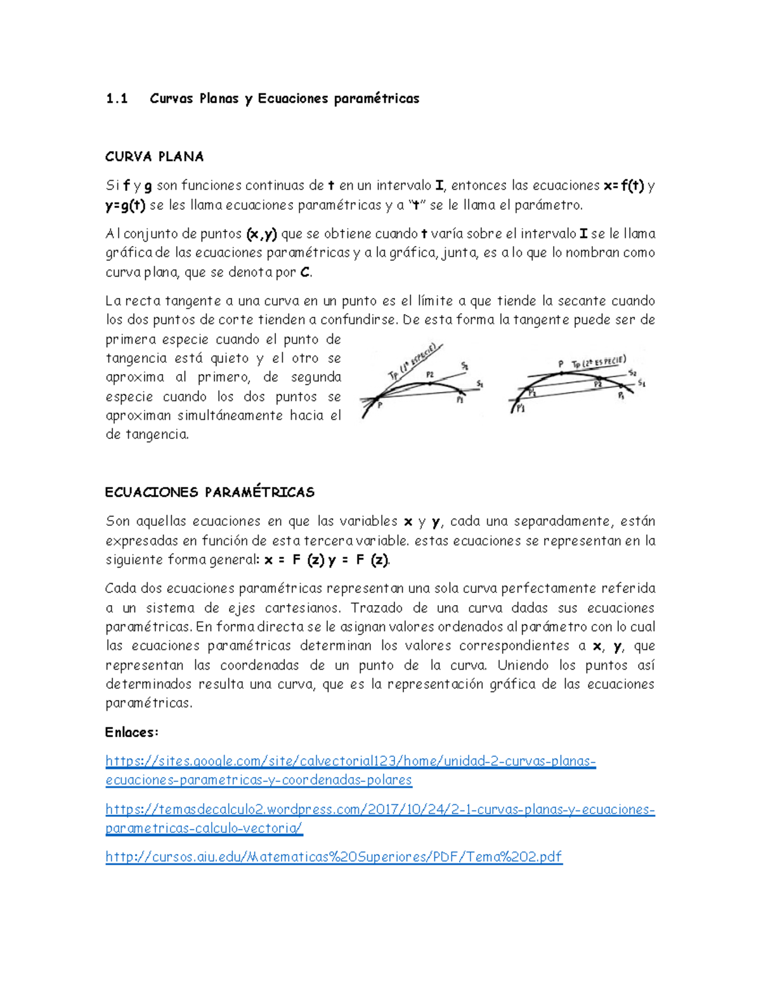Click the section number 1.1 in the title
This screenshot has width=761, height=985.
click(x=117, y=98)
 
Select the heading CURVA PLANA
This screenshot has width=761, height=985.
click(x=154, y=157)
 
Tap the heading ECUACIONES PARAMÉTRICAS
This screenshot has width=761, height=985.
click(x=209, y=492)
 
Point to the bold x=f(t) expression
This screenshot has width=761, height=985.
click(x=624, y=186)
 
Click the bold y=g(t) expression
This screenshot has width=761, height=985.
click(x=126, y=205)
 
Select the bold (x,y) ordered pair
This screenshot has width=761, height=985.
click(x=261, y=234)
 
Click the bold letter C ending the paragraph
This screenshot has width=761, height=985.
click(x=305, y=273)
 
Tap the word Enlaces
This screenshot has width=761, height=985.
click(x=131, y=733)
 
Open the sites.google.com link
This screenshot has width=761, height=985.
click(x=350, y=761)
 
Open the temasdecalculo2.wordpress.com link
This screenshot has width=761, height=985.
click(x=379, y=809)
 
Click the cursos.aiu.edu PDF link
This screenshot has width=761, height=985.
click(x=334, y=857)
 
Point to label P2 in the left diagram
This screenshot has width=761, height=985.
click(x=429, y=375)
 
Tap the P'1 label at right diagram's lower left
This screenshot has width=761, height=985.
click(x=521, y=409)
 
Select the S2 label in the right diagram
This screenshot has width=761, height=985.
click(x=632, y=374)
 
